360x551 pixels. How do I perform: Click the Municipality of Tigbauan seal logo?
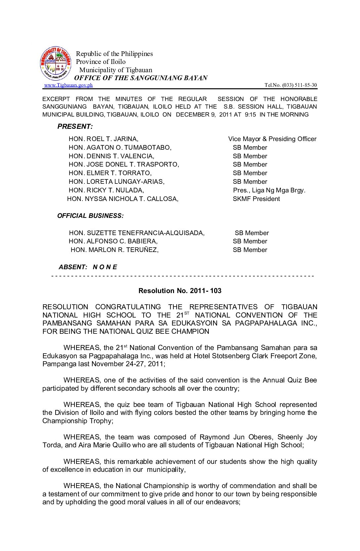click(x=56, y=63)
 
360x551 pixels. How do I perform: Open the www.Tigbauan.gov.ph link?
click(x=68, y=85)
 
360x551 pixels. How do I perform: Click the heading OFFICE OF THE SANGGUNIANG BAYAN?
click(x=141, y=78)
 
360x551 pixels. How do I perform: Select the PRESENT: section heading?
click(x=75, y=126)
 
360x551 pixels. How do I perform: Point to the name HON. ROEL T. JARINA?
click(x=104, y=139)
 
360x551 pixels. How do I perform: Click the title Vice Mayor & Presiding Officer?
click(x=272, y=139)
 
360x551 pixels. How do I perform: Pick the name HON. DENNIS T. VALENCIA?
click(x=112, y=156)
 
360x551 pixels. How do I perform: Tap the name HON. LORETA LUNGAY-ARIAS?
click(x=116, y=182)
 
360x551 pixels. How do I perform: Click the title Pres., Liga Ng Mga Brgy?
click(x=269, y=190)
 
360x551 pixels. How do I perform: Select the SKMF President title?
click(x=256, y=199)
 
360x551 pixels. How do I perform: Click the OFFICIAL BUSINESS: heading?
click(x=90, y=216)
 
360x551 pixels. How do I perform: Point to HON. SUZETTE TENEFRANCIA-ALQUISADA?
click(x=137, y=233)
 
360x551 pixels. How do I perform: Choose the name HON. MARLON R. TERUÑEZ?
click(x=114, y=250)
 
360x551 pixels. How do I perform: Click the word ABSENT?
click(x=73, y=267)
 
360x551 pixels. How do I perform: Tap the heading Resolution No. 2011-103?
click(x=180, y=291)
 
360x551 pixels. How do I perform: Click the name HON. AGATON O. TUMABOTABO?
click(x=120, y=148)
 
